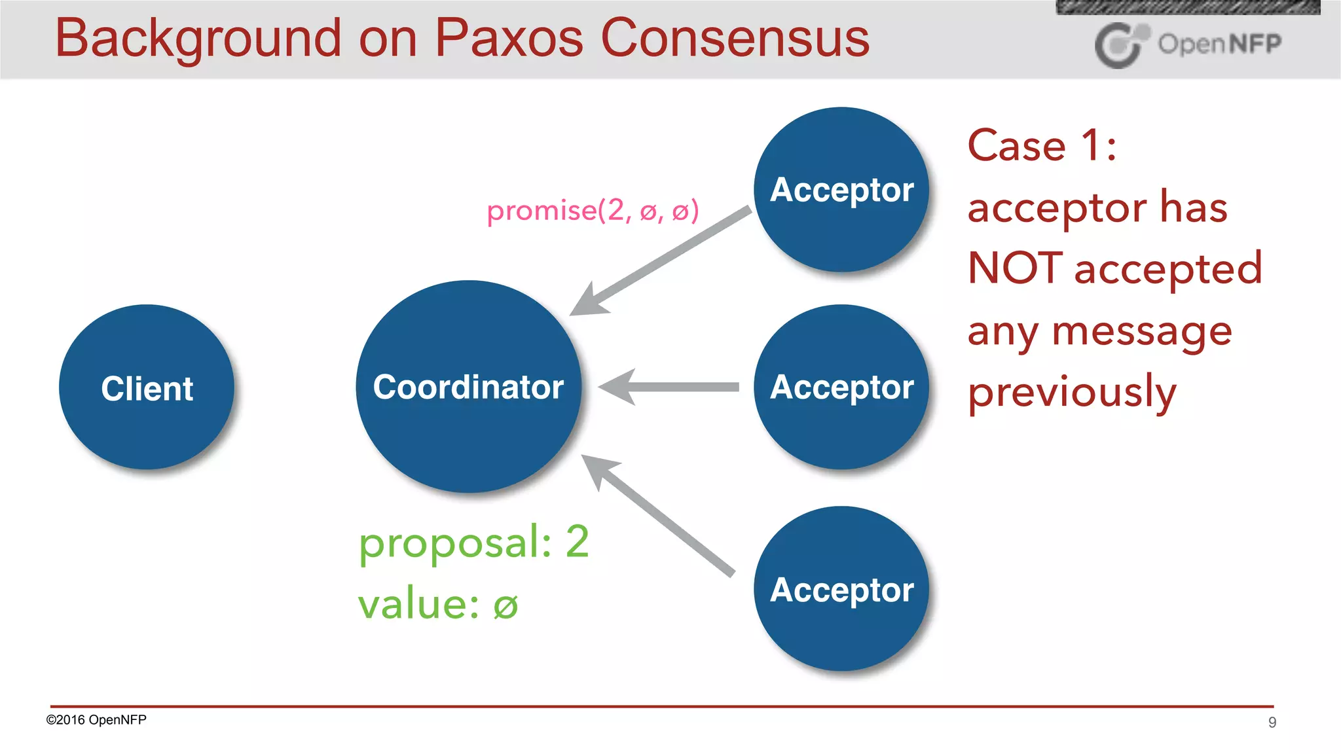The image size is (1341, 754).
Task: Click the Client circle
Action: pyautogui.click(x=147, y=387)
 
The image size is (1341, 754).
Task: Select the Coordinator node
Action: pyautogui.click(x=468, y=386)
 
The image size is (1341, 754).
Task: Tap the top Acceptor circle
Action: pyautogui.click(x=841, y=189)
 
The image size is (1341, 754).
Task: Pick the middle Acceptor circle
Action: pyautogui.click(x=841, y=387)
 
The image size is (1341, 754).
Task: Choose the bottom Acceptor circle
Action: pyautogui.click(x=841, y=588)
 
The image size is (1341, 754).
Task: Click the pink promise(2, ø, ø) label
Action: pyautogui.click(x=593, y=211)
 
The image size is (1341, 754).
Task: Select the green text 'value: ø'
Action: pyautogui.click(x=437, y=603)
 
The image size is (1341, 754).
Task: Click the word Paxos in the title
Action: pyautogui.click(x=508, y=38)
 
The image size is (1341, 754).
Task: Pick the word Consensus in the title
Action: pyautogui.click(x=735, y=38)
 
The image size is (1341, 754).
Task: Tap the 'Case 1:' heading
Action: pyautogui.click(x=1042, y=145)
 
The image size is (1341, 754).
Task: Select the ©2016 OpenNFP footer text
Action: pyautogui.click(x=96, y=720)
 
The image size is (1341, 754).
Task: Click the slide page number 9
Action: pyautogui.click(x=1272, y=723)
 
